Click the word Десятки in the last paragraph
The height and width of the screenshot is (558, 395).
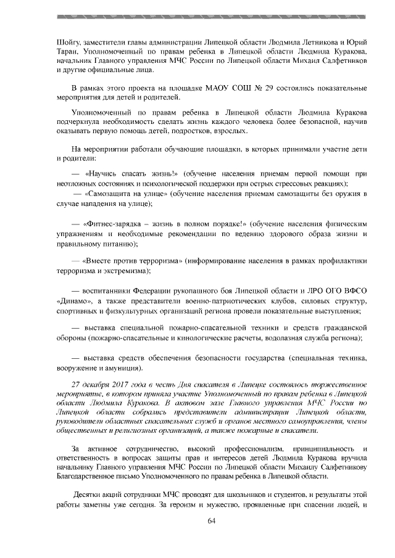[89, 495]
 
